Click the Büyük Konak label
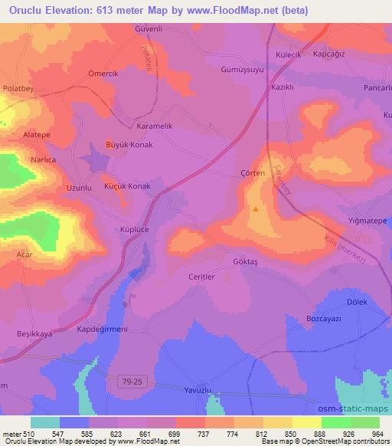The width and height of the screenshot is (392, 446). click(x=129, y=144)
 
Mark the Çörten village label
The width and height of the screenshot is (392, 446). click(x=252, y=173)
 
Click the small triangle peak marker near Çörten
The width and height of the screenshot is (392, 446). click(x=256, y=207)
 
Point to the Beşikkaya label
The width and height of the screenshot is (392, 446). click(x=34, y=334)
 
